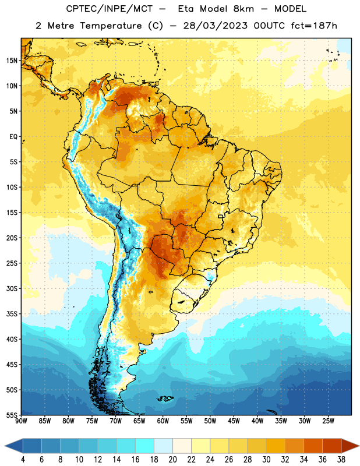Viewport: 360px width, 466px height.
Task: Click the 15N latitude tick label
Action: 12,61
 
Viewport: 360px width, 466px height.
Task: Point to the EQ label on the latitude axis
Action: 13,137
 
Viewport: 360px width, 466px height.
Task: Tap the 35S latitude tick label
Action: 12,314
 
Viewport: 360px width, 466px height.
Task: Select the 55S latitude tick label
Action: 12,415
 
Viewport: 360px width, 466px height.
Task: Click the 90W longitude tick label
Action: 21,421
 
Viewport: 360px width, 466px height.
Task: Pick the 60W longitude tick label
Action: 163,421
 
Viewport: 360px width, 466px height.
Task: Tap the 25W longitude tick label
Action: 328,421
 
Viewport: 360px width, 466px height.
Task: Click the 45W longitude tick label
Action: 234,421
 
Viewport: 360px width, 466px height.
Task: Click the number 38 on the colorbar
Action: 341,460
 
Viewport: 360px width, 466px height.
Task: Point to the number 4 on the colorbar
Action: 23,460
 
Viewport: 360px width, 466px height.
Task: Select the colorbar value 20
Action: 172,460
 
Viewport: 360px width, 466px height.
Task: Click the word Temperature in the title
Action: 111,26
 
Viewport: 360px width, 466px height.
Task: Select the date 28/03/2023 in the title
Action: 215,26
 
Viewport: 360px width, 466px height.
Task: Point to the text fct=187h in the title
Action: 314,26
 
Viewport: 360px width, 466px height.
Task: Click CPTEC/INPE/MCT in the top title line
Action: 110,9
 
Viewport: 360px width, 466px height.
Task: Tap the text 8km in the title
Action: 243,9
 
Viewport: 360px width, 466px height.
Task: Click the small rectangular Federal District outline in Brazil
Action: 221,216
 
